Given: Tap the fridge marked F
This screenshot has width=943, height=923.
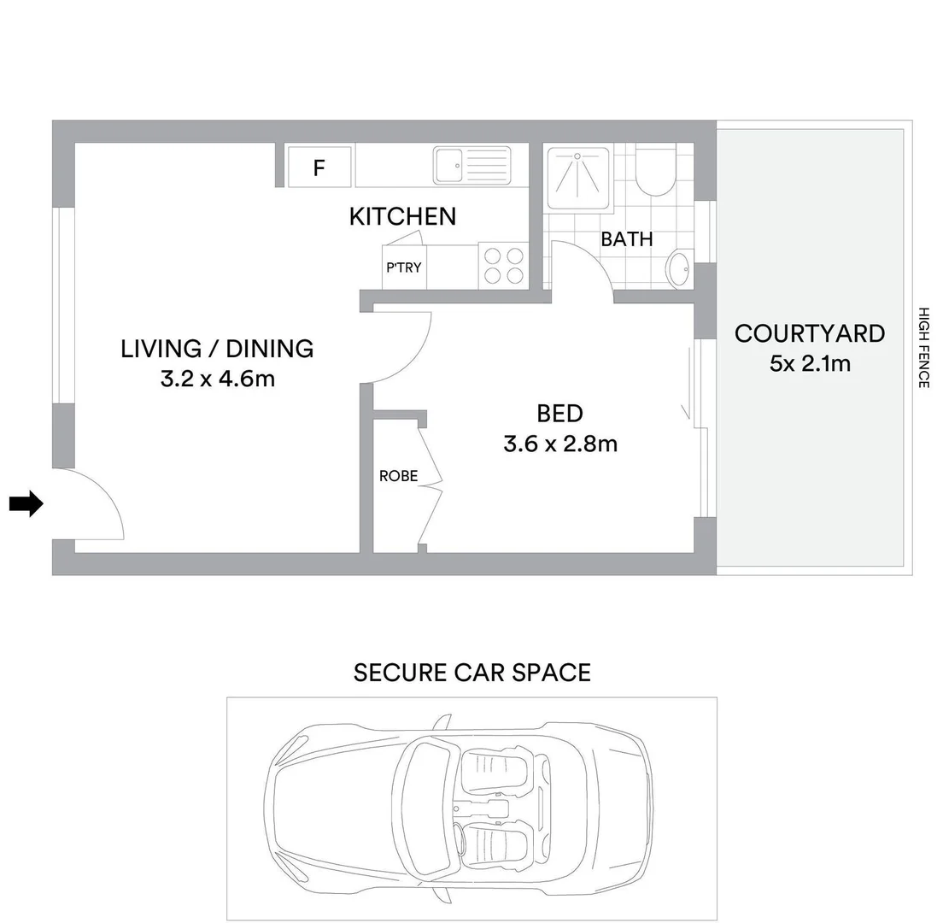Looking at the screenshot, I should [319, 167].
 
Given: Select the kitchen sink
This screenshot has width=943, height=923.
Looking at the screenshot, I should [471, 165].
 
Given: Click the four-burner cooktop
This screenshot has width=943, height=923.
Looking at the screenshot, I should [504, 265].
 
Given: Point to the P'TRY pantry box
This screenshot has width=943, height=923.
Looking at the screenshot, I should [404, 267].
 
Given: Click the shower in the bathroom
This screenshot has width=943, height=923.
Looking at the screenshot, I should [578, 177].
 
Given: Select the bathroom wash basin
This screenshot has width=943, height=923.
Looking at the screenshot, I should [679, 269].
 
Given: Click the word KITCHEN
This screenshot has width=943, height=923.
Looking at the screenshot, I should [402, 217].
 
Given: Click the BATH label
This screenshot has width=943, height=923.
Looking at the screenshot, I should [626, 239].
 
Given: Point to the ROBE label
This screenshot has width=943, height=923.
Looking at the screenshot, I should [398, 476].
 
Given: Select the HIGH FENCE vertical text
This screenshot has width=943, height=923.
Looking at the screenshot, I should [923, 348].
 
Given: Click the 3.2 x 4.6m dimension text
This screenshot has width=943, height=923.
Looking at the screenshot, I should [217, 379].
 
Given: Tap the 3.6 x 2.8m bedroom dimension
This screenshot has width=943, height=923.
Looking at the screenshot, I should [559, 444].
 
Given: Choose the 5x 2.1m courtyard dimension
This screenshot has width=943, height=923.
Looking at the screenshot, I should [810, 363].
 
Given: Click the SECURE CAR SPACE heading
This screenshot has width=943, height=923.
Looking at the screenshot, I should [471, 673].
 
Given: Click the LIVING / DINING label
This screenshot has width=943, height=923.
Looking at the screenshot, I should [217, 349].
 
